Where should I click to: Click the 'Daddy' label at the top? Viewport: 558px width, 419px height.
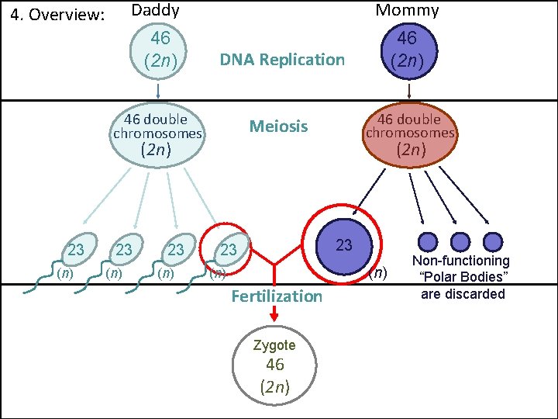tap(155, 11)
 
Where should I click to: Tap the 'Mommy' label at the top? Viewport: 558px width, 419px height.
tap(407, 11)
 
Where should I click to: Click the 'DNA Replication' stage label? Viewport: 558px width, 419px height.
tap(282, 60)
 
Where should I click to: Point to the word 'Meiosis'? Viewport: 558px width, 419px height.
tap(278, 126)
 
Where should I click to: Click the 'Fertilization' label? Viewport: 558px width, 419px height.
tap(277, 296)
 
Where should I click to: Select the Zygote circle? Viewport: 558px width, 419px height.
tap(275, 367)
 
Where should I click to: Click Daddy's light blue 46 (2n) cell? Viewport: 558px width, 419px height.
tap(160, 49)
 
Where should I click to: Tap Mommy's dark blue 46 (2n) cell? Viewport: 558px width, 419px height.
tap(407, 48)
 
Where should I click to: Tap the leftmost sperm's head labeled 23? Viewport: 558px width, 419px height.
tap(77, 249)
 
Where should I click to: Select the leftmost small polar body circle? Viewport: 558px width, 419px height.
tap(429, 243)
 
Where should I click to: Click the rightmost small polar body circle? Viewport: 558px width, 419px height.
tap(492, 243)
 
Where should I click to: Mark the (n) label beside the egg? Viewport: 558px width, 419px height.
tap(377, 273)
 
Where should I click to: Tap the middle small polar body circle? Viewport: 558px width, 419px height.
tap(460, 243)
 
